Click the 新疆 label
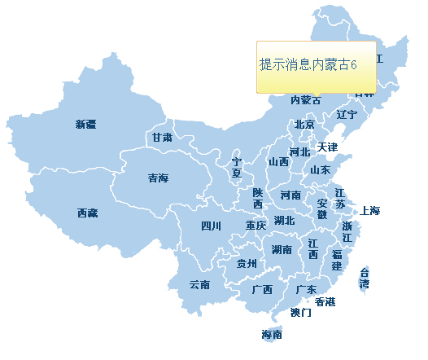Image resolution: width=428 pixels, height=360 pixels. coord(85,125)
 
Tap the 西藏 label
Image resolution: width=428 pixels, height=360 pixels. coord(87,213)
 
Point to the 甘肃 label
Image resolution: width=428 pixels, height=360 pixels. coord(161,138)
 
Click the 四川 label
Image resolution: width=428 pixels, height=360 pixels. coord(210,226)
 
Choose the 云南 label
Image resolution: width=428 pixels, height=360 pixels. coord(199,285)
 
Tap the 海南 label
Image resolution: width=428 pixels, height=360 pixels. coord(272,335)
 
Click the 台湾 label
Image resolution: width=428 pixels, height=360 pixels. coord(365,278)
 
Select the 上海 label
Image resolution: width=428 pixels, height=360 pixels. coord(369,211)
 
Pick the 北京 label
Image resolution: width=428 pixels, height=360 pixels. coord(304,125)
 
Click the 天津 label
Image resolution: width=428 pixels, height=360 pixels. coord(327,147)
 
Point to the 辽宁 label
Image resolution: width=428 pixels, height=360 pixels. coord(347,115)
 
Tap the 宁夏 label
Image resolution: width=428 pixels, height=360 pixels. coord(237,168)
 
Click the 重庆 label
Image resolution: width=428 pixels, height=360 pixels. coord(255,226)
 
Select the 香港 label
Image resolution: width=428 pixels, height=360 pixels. coord(325,302)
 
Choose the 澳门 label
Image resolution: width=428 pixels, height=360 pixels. coord(300,313)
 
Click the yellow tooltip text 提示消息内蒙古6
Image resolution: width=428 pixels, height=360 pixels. coord(308,65)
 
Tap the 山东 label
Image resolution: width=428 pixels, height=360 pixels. coord(320,170)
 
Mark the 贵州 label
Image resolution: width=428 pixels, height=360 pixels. coord(247,264)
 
